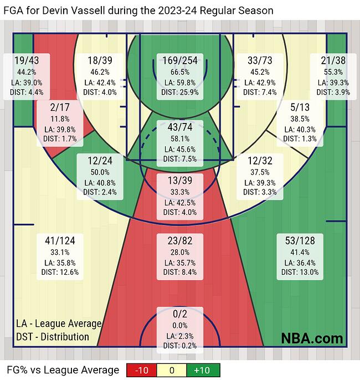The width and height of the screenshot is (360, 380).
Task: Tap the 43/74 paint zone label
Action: click(180, 127)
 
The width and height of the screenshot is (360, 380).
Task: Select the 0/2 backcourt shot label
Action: click(180, 314)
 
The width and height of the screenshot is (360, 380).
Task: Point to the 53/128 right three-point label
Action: click(300, 240)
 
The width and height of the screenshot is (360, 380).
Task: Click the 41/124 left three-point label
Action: click(60, 240)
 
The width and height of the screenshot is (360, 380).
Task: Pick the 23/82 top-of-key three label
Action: click(180, 240)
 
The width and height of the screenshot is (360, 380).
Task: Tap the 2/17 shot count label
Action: click(59, 107)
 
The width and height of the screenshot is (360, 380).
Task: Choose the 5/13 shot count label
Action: click(300, 107)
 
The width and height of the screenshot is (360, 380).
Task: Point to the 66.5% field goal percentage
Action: click(180, 72)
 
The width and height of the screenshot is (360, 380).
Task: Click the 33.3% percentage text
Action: click(180, 192)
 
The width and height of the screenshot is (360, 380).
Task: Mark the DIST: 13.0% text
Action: click(300, 272)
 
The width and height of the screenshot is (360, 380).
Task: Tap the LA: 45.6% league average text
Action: click(180, 149)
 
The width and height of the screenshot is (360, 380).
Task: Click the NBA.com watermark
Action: click(312, 338)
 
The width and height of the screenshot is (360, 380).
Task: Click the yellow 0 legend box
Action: click(173, 370)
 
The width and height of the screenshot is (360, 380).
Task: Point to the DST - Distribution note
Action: click(52, 336)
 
